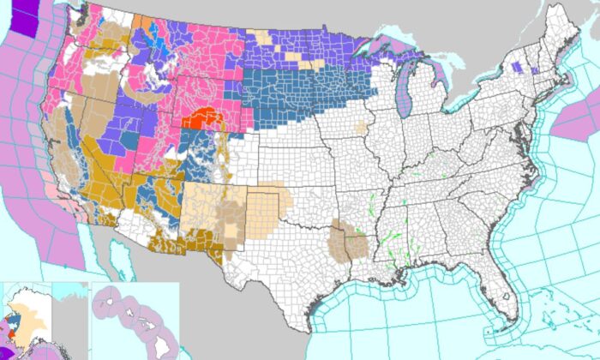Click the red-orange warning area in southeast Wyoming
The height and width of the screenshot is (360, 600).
click(203, 117)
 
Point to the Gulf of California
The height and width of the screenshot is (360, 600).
click(129, 257)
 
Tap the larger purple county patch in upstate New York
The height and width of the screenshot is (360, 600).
click(515, 66)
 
